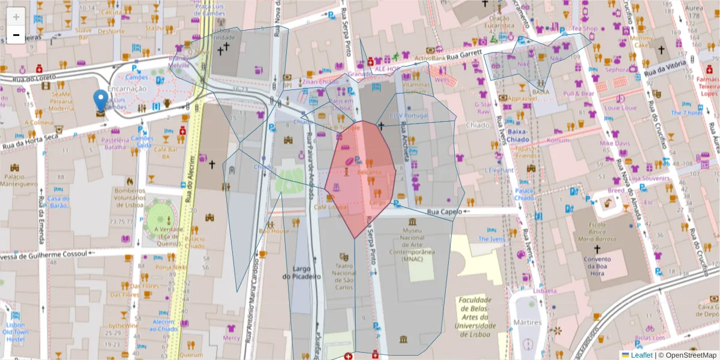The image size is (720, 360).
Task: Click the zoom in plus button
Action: (16, 16)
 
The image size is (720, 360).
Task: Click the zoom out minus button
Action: (16, 35)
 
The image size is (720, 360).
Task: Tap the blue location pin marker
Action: (101, 102)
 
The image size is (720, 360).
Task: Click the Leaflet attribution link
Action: (642, 355)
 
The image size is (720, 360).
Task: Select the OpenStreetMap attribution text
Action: (690, 355)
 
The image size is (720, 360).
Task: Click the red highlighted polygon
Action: (360, 180)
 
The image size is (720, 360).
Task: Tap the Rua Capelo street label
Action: (445, 212)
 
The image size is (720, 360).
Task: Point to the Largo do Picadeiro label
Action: (302, 272)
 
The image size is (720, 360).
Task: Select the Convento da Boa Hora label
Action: (596, 265)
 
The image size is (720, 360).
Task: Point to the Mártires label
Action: (527, 323)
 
